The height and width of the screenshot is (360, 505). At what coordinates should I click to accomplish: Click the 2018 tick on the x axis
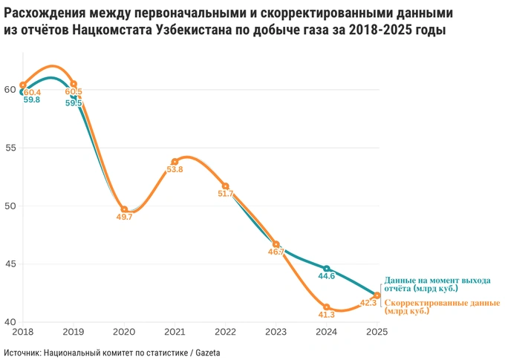(22, 332)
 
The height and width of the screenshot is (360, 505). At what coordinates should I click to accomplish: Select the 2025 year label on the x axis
(377, 332)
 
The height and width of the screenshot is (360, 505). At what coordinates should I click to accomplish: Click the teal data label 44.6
(327, 276)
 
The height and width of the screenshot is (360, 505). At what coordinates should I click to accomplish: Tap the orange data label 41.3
(327, 315)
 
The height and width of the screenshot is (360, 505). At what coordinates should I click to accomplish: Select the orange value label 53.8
(175, 170)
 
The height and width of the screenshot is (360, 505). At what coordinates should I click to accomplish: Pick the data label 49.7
(124, 217)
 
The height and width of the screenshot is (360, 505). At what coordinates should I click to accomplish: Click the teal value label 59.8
(32, 100)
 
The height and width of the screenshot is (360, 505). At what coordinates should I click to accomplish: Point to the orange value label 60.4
(32, 92)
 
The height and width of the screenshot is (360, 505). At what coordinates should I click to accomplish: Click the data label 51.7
(225, 194)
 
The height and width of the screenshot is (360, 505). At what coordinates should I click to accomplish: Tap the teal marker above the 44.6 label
(327, 268)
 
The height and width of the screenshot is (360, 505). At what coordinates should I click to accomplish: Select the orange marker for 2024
(327, 307)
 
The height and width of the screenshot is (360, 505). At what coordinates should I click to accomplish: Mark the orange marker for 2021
(175, 162)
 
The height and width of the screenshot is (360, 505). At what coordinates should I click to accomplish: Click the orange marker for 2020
(124, 209)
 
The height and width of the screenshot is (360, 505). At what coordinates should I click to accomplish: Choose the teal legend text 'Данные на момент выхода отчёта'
(437, 284)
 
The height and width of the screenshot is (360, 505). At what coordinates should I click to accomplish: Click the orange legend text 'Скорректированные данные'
(442, 307)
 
